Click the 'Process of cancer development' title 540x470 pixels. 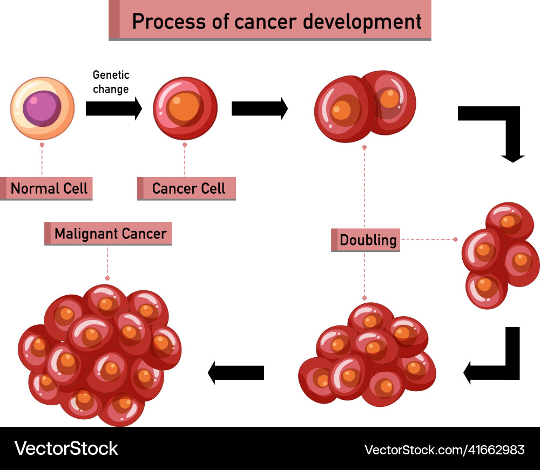click(276, 22)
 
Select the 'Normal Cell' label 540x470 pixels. click(49, 188)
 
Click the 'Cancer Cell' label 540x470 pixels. click(188, 188)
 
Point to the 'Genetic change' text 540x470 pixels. click(111, 82)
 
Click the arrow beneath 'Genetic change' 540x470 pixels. click(113, 108)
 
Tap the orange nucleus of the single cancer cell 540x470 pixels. click(184, 106)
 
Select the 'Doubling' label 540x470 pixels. click(368, 240)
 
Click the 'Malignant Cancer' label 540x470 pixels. click(110, 234)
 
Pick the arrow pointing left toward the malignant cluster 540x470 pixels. click(236, 372)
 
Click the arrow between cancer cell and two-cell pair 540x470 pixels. click(259, 108)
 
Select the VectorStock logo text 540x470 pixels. click(66, 448)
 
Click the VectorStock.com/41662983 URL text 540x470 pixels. click(444, 449)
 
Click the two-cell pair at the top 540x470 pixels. click(365, 106)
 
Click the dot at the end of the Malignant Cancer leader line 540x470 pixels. click(107, 278)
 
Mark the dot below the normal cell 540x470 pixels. click(42, 145)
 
